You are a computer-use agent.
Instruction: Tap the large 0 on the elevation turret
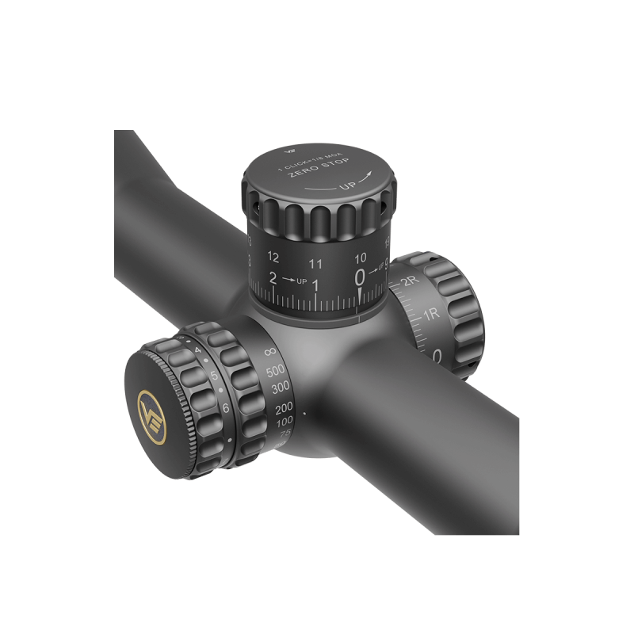click(361, 277)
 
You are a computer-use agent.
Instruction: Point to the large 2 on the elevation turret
click(273, 278)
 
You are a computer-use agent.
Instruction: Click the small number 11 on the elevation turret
click(315, 263)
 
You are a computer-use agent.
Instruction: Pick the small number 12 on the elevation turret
click(274, 257)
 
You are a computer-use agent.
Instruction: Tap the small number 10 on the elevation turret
click(361, 258)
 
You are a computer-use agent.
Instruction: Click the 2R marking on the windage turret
click(410, 283)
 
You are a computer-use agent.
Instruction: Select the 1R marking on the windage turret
click(430, 315)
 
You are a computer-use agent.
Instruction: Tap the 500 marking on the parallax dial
click(276, 372)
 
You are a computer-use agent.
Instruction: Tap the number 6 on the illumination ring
click(225, 407)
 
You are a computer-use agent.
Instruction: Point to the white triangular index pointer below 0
click(361, 296)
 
